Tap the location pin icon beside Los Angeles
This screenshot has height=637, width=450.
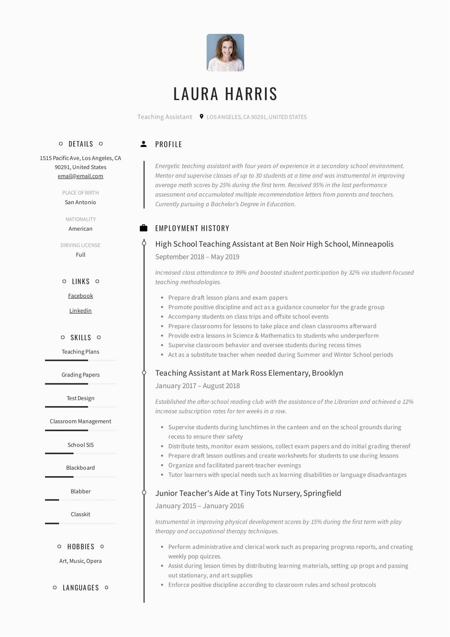coord(202,116)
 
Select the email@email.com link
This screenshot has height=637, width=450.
coord(80,176)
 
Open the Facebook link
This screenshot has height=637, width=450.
coord(80,296)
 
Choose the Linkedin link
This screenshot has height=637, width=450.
coord(80,311)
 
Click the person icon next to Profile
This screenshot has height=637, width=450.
coord(144,144)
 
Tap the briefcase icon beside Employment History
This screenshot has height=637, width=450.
coord(144,228)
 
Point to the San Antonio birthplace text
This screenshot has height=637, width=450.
coord(80,202)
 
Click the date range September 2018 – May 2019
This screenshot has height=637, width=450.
coord(197,257)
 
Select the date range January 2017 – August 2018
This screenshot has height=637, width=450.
coord(198,386)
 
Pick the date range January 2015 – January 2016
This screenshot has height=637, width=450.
coord(200,506)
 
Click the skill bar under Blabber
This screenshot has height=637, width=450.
coord(80,500)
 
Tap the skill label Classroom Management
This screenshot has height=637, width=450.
coord(80,422)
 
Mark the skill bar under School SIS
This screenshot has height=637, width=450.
coord(80,453)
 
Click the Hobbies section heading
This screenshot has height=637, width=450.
coord(81,547)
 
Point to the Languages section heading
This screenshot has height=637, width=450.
coord(81,588)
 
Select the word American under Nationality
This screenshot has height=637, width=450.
coord(80,229)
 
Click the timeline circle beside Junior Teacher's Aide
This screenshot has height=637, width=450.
coord(144,493)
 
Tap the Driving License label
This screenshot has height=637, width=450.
coord(80,245)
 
